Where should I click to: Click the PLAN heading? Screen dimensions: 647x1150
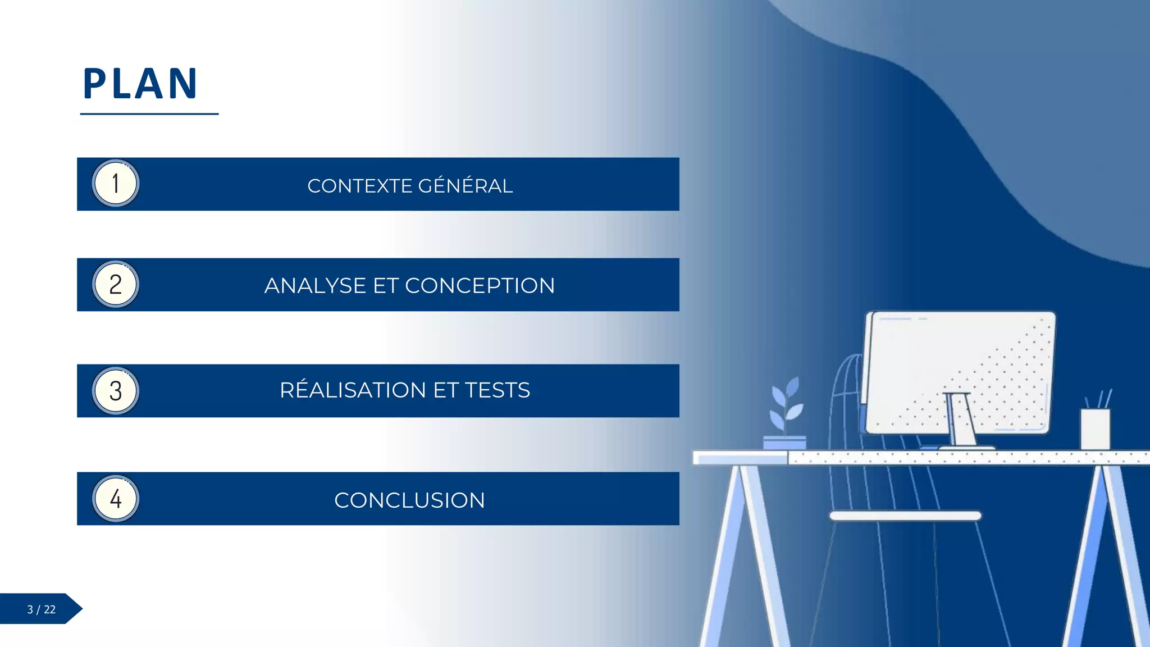140,84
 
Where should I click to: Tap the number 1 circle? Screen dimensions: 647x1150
116,184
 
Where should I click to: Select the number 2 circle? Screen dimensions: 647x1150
116,285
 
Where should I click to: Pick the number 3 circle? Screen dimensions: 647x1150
116,391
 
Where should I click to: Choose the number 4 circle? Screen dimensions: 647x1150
116,499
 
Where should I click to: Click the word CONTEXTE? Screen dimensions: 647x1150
360,186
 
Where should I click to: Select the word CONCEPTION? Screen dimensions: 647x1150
480,286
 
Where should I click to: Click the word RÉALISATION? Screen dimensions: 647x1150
353,390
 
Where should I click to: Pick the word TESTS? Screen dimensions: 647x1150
497,390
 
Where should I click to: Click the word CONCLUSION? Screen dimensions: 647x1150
409,500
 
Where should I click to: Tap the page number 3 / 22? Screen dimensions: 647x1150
41,609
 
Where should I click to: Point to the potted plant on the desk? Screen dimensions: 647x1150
785,416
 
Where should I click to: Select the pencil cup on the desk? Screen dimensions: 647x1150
1095,428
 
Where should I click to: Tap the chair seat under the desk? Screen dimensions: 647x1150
905,516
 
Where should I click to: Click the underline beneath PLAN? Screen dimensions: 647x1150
149,114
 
